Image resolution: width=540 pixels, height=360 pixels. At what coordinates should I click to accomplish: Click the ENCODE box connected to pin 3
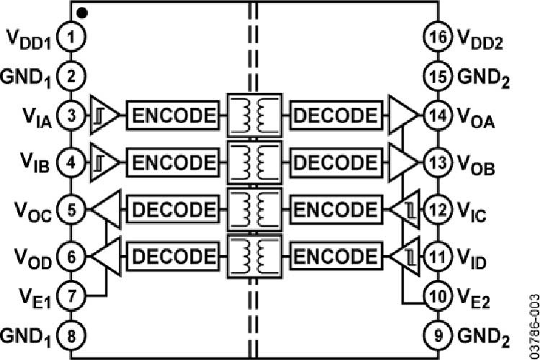171,115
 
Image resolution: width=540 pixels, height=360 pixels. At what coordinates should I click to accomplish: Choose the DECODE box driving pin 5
171,210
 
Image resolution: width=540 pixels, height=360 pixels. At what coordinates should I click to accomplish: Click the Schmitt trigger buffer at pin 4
103,162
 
